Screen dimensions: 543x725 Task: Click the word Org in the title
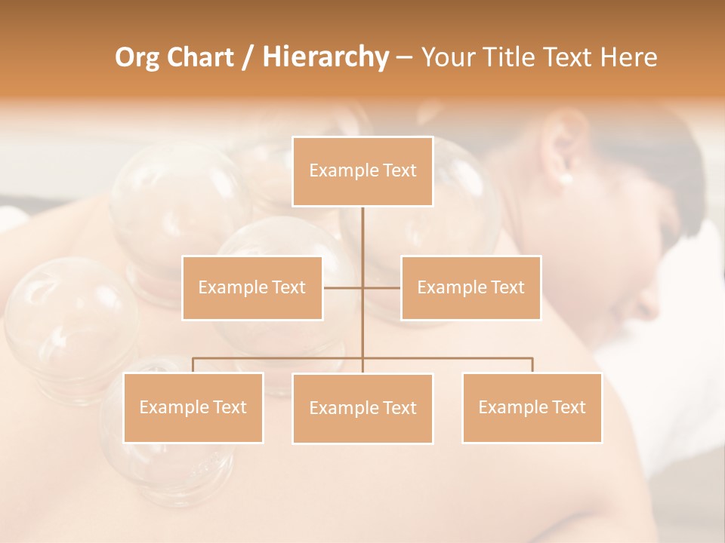138,57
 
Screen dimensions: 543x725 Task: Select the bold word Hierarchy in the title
325,57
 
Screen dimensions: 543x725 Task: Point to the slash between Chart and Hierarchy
248,57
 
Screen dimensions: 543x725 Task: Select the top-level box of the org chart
362,171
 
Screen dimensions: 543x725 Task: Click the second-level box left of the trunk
252,287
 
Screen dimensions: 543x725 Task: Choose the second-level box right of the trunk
470,287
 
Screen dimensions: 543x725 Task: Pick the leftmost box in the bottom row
193,408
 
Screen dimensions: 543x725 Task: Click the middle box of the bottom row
362,409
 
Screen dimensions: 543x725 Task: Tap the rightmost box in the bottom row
532,408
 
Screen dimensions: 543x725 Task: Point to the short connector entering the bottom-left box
193,365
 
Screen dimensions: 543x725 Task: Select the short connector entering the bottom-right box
532,365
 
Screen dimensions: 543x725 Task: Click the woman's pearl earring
566,179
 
